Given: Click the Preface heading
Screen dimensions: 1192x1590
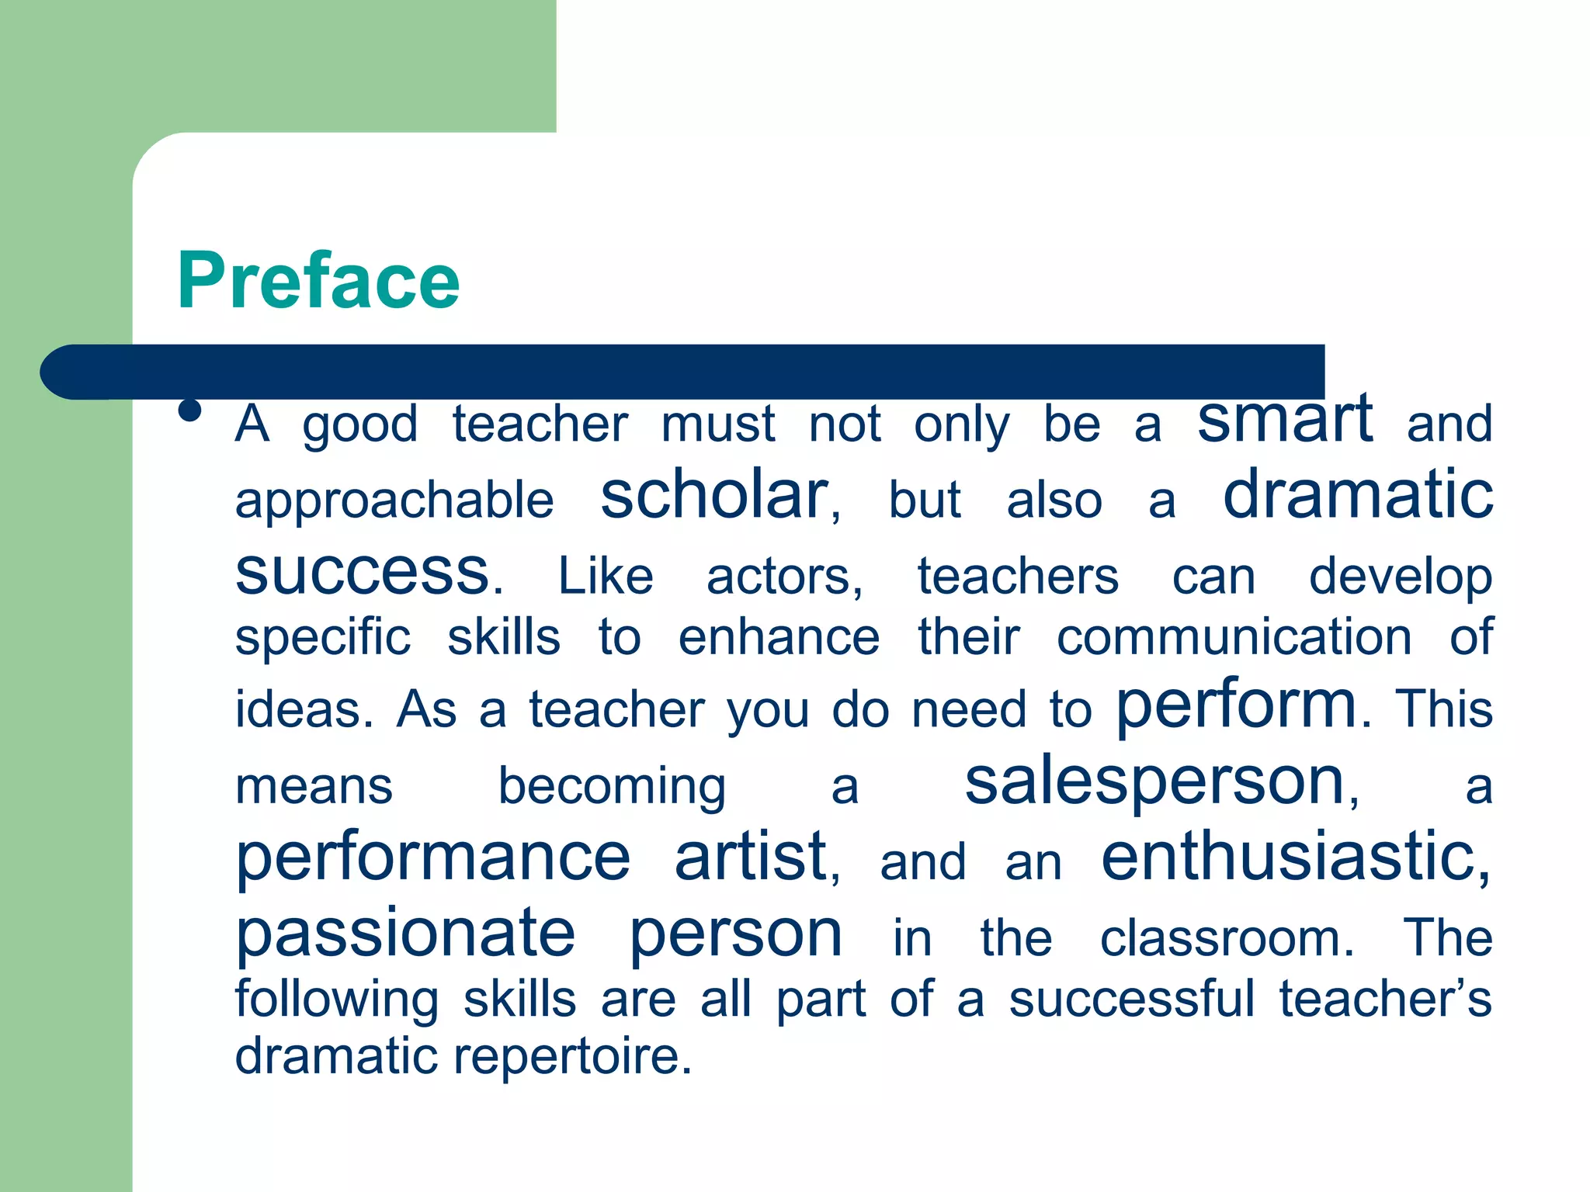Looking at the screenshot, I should coord(318,281).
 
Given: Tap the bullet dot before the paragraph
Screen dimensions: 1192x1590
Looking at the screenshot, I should coord(189,410).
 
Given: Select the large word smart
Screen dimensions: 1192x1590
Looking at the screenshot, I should coord(1284,418).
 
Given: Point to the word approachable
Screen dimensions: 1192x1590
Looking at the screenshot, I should coord(394,501).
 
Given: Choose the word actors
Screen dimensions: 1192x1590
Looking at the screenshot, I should coord(784,577).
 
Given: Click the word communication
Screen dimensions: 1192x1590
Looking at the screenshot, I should coord(1234,638).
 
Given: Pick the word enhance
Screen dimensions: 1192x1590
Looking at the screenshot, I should coord(779,638).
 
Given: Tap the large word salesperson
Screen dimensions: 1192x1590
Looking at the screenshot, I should coord(1154,782).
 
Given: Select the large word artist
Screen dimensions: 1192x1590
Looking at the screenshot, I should coord(751,857).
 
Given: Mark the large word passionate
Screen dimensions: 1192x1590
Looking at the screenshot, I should coord(405,934).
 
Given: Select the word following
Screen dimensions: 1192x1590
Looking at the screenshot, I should coord(337,1000).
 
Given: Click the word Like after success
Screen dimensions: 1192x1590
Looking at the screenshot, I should coord(606,577).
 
